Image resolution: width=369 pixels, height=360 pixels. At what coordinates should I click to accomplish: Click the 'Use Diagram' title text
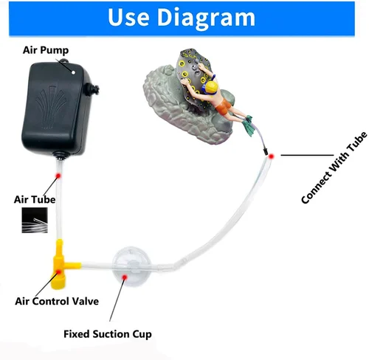tap(182, 18)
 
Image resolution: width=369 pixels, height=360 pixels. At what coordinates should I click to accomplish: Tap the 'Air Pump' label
tap(46, 50)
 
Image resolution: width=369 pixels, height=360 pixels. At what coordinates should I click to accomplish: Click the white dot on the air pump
tap(73, 72)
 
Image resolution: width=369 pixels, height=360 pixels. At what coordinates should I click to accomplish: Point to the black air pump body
tap(58, 108)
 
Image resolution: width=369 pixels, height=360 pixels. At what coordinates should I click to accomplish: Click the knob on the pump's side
tap(92, 89)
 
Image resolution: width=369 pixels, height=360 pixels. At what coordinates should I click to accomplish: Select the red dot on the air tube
tap(58, 176)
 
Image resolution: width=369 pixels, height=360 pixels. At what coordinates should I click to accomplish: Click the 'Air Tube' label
tap(35, 199)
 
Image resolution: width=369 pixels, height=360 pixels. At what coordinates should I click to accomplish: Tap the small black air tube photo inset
tap(35, 220)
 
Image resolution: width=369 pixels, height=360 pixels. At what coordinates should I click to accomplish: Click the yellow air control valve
tap(61, 265)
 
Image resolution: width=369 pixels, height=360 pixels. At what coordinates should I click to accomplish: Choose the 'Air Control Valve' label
tap(57, 301)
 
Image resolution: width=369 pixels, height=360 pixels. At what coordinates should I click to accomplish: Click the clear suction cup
tap(131, 266)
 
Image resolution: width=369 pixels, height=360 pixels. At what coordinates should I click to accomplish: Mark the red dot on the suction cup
tap(125, 277)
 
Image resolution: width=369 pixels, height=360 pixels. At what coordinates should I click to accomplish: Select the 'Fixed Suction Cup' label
tap(108, 334)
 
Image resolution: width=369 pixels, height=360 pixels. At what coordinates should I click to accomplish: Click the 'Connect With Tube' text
tap(334, 168)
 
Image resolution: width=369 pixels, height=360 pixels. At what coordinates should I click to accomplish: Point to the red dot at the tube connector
tap(272, 156)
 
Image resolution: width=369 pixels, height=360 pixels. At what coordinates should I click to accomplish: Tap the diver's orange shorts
tap(224, 106)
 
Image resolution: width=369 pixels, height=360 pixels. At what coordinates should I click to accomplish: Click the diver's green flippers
tap(248, 125)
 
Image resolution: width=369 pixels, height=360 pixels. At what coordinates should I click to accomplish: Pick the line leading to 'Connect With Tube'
tap(307, 155)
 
